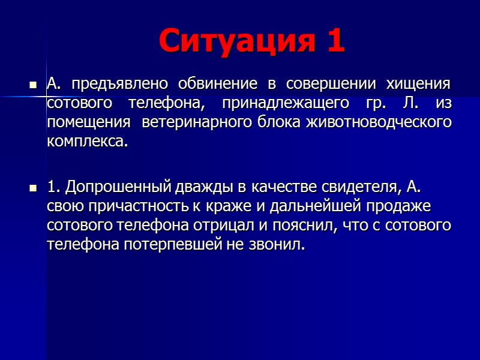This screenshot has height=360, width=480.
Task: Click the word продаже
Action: [400, 207]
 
